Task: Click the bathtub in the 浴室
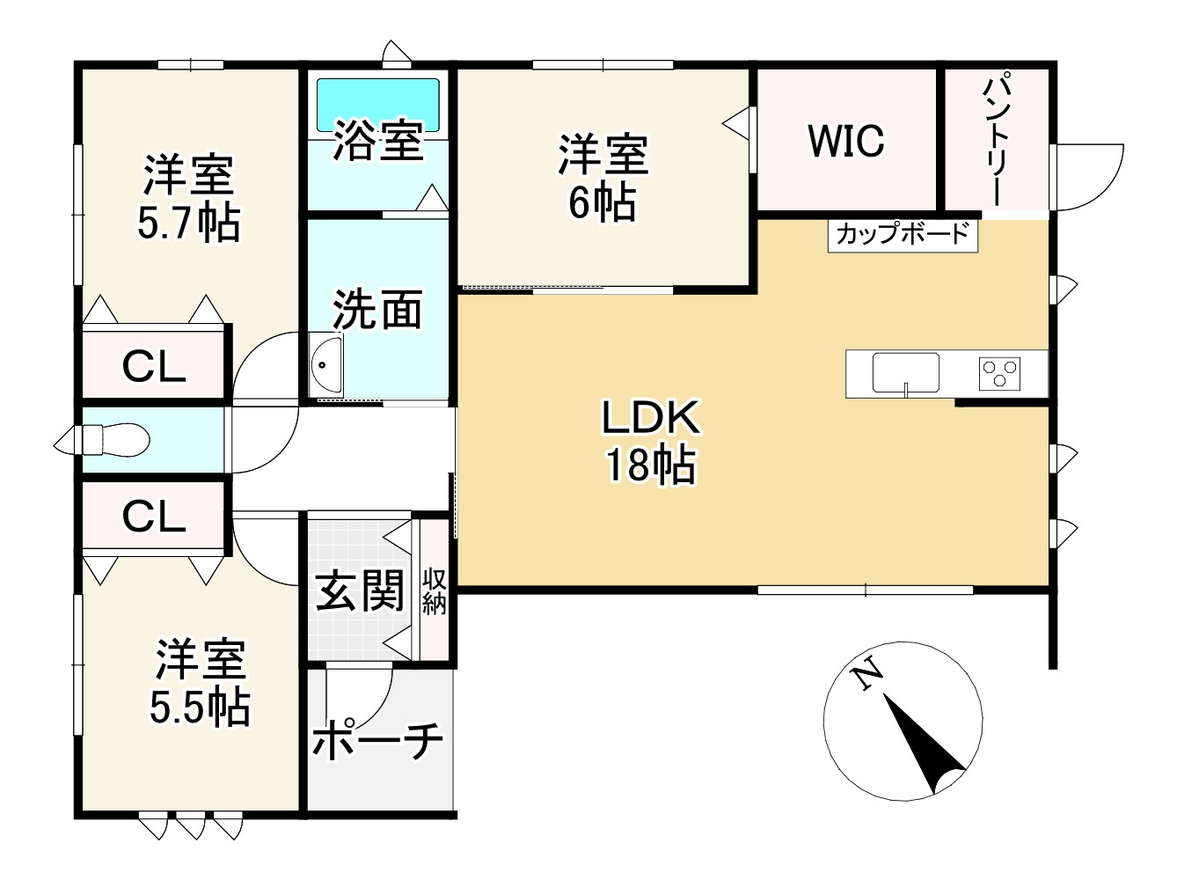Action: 377,105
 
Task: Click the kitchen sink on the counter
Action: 906,373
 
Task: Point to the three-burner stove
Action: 999,374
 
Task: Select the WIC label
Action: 846,141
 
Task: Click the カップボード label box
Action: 903,236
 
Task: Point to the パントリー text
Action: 997,145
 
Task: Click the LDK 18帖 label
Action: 651,441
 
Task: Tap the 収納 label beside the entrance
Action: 434,591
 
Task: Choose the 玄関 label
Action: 359,590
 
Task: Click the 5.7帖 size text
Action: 189,224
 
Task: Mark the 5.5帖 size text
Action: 200,708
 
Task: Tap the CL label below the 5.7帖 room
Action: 154,367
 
